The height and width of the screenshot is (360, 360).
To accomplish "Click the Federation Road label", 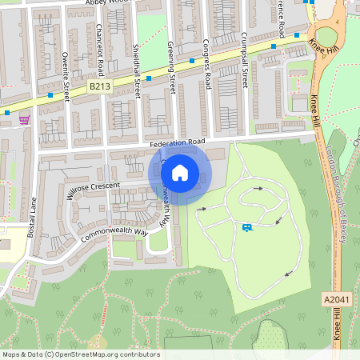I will tap(177, 142).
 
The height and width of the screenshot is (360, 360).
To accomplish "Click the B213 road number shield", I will tap(99, 86).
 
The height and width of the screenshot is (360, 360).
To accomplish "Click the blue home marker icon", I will tap(180, 172).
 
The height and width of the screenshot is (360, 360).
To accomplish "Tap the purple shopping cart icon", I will tap(24, 120).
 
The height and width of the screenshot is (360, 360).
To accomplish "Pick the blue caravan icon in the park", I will tap(248, 228).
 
